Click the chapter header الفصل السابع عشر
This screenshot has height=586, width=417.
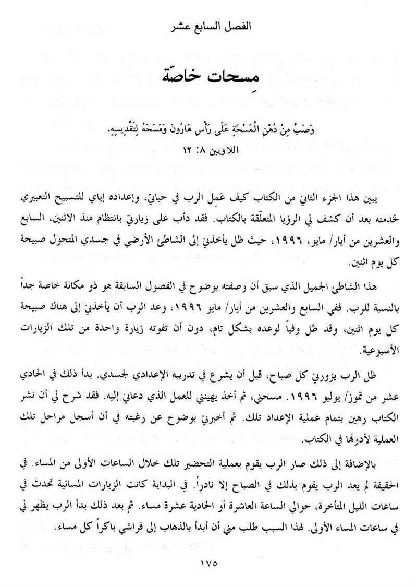[208, 26]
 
